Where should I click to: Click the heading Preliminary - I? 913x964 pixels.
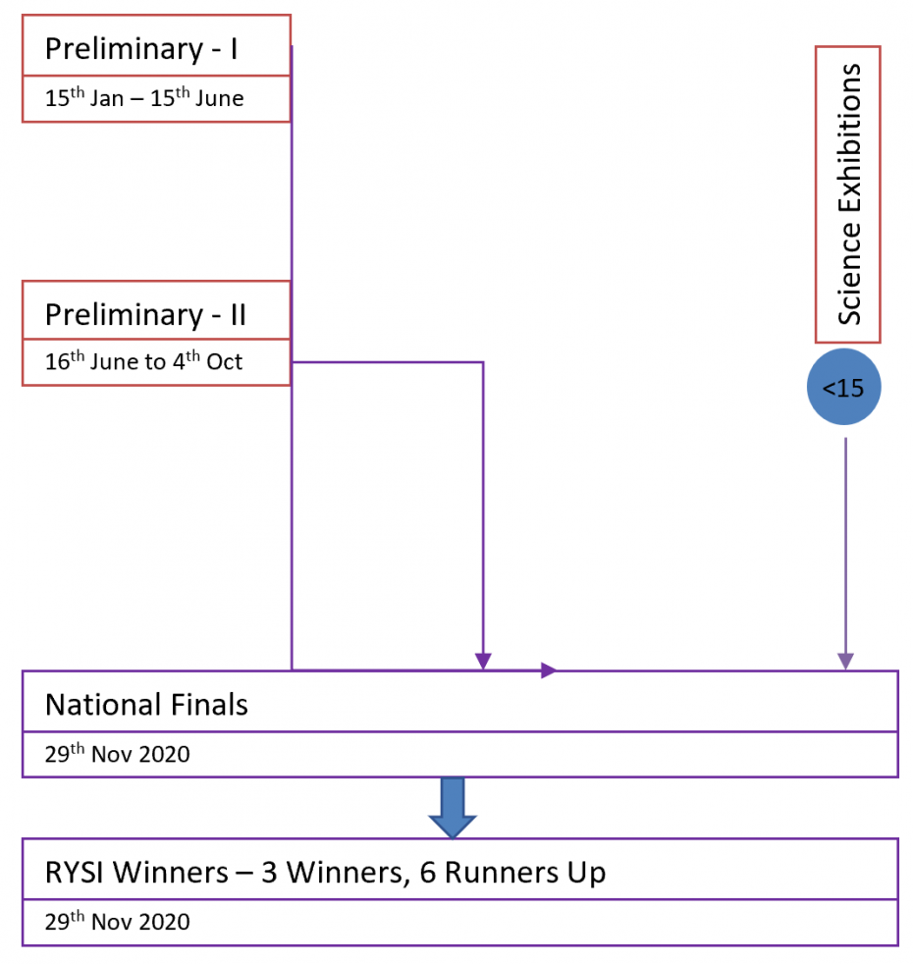pyautogui.click(x=141, y=49)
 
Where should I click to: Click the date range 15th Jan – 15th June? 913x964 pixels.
pyautogui.click(x=144, y=98)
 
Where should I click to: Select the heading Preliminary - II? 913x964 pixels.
pyautogui.click(x=145, y=315)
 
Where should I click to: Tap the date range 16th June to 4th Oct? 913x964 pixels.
pyautogui.click(x=144, y=361)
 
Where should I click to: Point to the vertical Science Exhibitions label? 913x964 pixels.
pyautogui.click(x=849, y=194)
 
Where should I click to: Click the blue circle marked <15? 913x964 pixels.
pyautogui.click(x=843, y=387)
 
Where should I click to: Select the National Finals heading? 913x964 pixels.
pyautogui.click(x=146, y=705)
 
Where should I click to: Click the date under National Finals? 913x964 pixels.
pyautogui.click(x=118, y=753)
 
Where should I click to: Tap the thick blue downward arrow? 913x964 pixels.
pyautogui.click(x=453, y=808)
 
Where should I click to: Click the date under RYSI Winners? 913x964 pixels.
pyautogui.click(x=118, y=921)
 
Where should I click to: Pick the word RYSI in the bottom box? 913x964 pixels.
pyautogui.click(x=75, y=873)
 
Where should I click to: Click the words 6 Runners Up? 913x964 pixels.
pyautogui.click(x=512, y=873)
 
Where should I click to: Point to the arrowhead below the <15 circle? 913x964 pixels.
pyautogui.click(x=845, y=661)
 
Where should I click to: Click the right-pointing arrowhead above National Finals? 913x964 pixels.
pyautogui.click(x=549, y=670)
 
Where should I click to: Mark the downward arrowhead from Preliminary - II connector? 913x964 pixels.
pyautogui.click(x=483, y=661)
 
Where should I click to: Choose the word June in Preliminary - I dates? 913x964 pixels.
pyautogui.click(x=220, y=98)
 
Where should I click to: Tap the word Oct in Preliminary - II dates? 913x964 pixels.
pyautogui.click(x=225, y=361)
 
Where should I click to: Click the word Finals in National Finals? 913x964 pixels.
pyautogui.click(x=209, y=705)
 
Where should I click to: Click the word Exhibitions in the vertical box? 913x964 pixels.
pyautogui.click(x=849, y=135)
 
